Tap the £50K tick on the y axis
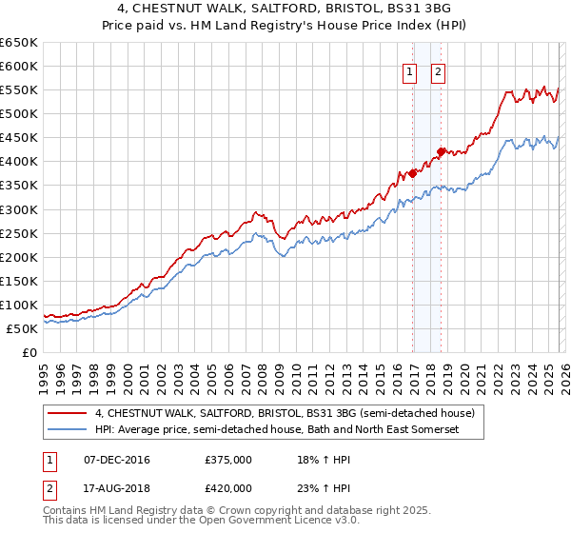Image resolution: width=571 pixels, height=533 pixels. pos(22,328)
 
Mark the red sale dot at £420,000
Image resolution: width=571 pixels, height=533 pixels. pos(441,151)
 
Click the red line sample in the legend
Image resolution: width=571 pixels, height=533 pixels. pos(68,413)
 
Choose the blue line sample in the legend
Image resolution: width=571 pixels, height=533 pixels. pos(68,430)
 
